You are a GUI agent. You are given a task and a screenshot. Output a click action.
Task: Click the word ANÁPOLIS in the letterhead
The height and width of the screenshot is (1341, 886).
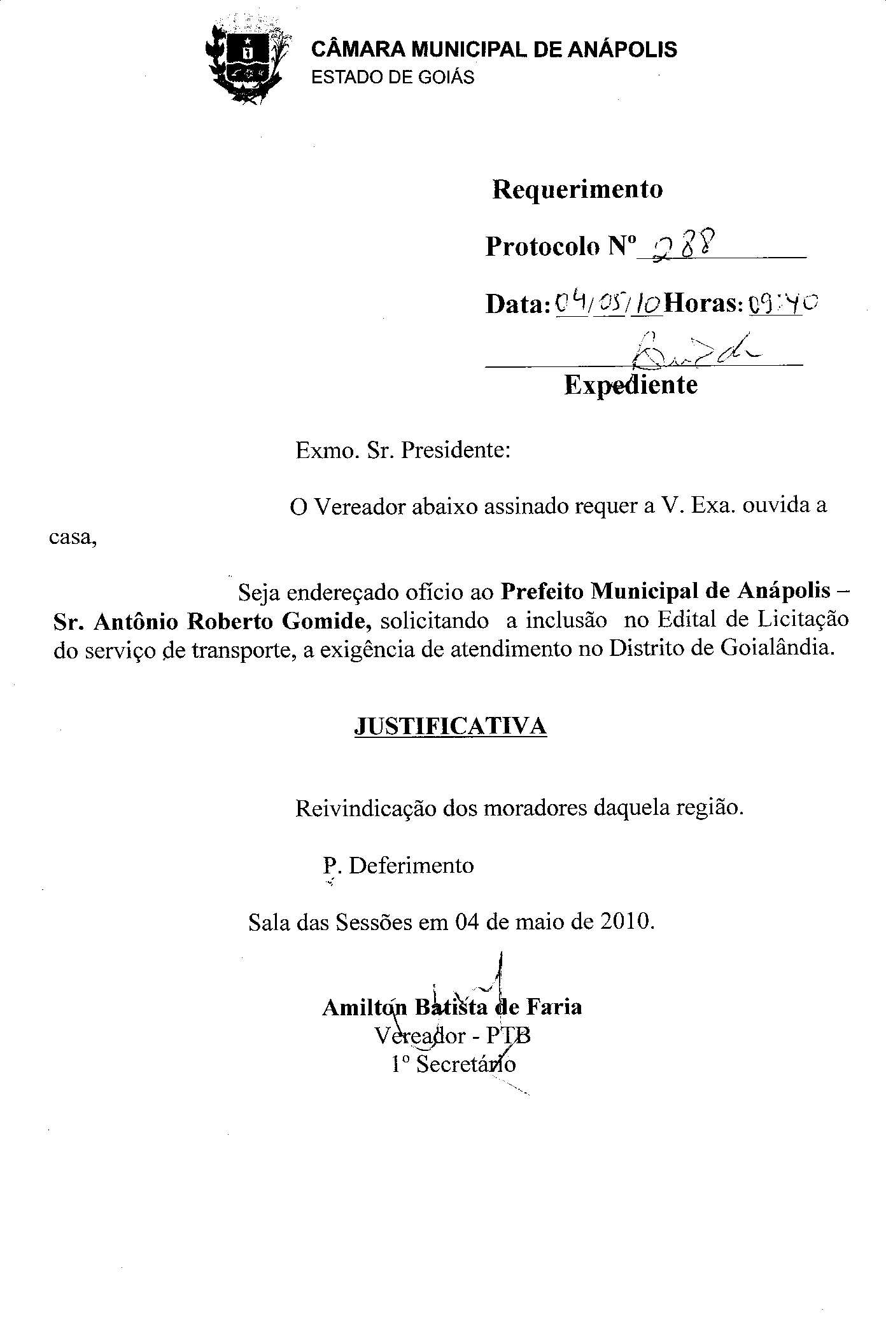(x=622, y=50)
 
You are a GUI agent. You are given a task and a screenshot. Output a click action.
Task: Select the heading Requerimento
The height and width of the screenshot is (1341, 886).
(x=577, y=189)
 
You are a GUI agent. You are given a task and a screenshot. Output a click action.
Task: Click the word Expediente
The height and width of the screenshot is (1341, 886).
(x=631, y=384)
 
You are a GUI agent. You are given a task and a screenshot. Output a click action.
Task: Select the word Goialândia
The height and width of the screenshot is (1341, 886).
(x=777, y=650)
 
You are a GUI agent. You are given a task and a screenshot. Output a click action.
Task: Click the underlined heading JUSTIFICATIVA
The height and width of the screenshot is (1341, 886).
(x=450, y=726)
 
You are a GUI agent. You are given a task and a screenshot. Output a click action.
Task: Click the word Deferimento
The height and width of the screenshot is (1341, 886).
(x=411, y=866)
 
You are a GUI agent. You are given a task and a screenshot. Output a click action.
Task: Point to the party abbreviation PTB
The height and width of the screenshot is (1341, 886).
(x=509, y=1036)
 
